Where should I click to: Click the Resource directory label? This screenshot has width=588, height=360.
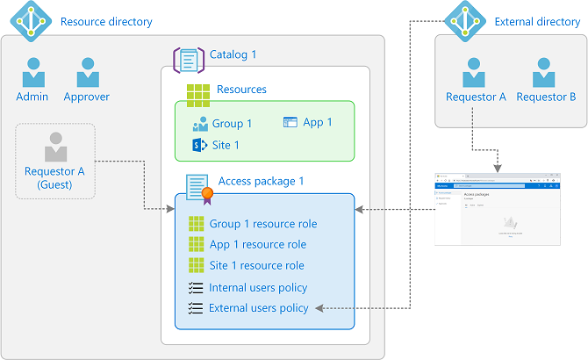click(106, 21)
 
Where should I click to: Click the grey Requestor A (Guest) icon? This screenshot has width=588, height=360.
click(55, 146)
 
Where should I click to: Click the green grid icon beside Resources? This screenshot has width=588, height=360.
click(198, 90)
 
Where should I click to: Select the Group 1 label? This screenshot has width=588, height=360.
click(232, 124)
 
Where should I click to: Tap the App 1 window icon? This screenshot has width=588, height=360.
click(290, 123)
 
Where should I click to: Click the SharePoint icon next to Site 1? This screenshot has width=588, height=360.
click(199, 145)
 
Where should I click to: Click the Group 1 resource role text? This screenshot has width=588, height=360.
click(263, 223)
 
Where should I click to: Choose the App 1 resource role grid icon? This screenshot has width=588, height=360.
click(196, 244)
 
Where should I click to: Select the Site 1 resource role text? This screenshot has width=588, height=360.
click(256, 265)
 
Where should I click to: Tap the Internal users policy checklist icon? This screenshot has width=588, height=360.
click(196, 287)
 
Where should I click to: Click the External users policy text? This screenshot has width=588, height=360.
click(258, 308)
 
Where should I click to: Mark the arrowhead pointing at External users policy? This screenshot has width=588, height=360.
click(319, 308)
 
